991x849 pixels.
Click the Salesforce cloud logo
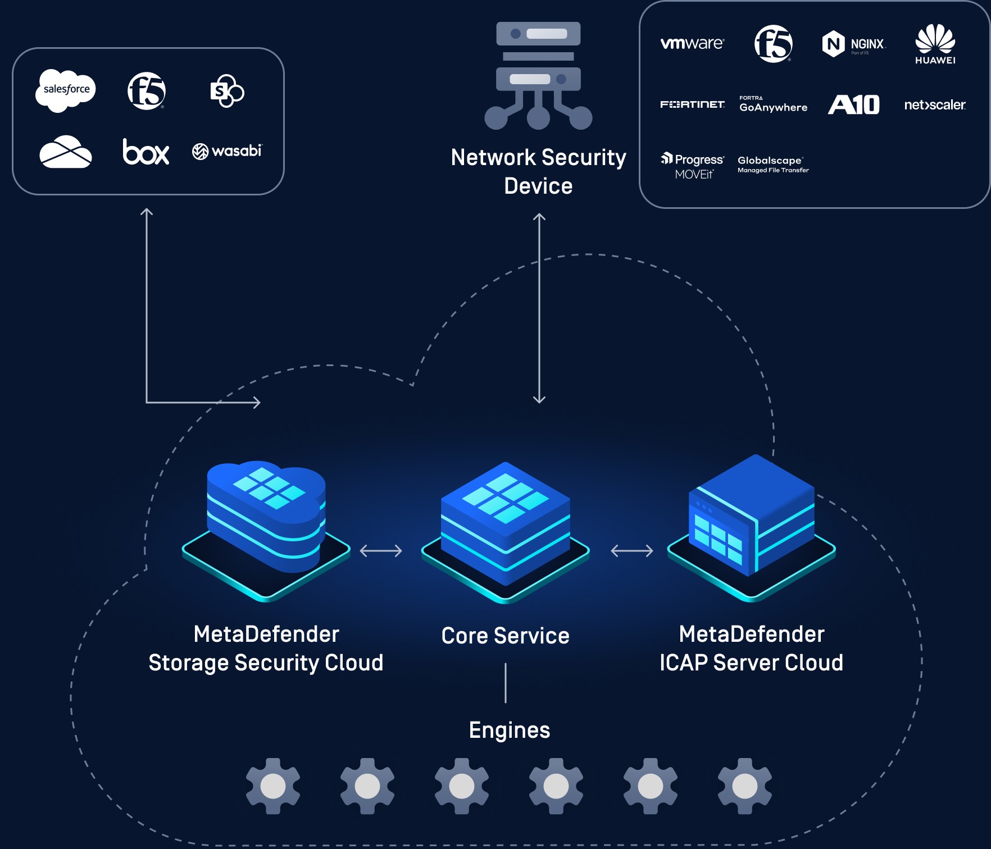tap(66, 90)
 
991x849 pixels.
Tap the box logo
tap(146, 152)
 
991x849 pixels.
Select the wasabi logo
tap(227, 151)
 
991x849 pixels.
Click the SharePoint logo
tap(226, 90)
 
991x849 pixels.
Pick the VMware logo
tap(692, 43)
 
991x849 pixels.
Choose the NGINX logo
tap(853, 44)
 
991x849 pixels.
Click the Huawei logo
tap(935, 44)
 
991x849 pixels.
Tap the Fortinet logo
tap(692, 104)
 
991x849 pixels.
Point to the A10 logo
tap(853, 104)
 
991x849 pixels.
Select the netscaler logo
tap(935, 104)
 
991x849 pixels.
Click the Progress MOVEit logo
tap(693, 166)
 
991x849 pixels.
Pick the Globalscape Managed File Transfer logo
tap(773, 164)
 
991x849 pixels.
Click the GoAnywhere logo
tap(773, 105)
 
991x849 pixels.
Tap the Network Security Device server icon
tap(538, 76)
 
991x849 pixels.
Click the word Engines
tap(510, 730)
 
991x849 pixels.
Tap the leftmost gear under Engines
tap(273, 786)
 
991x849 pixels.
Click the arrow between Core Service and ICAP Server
tap(632, 551)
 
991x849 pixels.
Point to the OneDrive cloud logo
tap(66, 152)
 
